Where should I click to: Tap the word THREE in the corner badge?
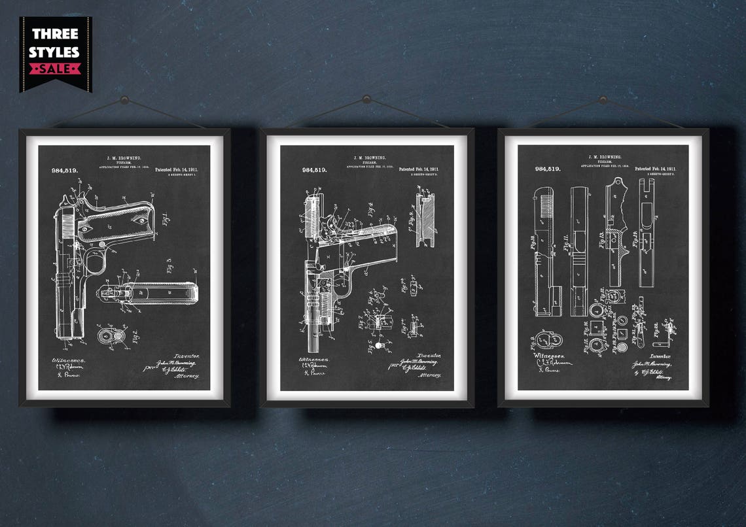(56, 34)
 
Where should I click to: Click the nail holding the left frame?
(124, 99)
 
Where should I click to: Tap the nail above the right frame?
(603, 99)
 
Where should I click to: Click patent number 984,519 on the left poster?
(64, 170)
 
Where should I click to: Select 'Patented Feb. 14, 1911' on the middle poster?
(419, 169)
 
